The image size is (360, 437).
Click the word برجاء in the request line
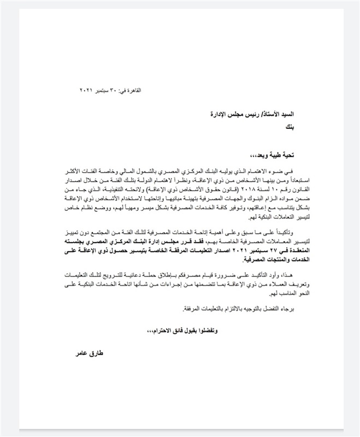289,309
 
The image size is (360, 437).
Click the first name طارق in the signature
96,354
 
